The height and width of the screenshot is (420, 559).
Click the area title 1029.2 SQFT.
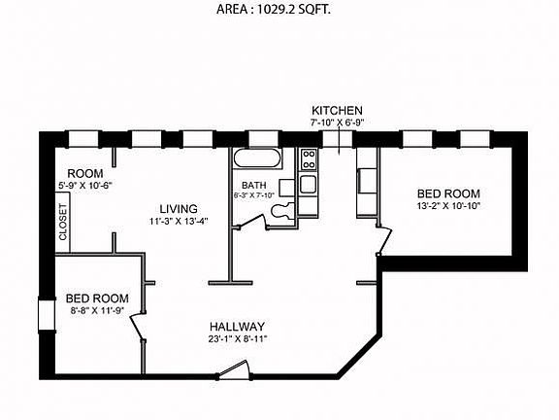coord(279,13)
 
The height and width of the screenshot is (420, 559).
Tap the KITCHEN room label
coord(337,110)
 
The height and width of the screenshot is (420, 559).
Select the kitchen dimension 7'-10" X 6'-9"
coord(337,122)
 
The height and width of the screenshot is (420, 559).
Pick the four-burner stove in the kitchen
coord(308,158)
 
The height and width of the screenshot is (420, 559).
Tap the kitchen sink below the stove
coord(308,183)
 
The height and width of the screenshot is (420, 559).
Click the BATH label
coord(254,184)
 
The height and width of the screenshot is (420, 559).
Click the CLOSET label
coord(64,222)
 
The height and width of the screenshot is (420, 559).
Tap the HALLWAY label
coord(238,326)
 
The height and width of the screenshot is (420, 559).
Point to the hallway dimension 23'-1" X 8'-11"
coord(238,339)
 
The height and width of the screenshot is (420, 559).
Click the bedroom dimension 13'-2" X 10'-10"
coord(448,206)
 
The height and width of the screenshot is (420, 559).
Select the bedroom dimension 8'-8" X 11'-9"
coord(97,311)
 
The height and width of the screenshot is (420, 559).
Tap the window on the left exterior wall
coord(44,315)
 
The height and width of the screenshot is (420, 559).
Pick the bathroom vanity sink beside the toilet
coord(287,188)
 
